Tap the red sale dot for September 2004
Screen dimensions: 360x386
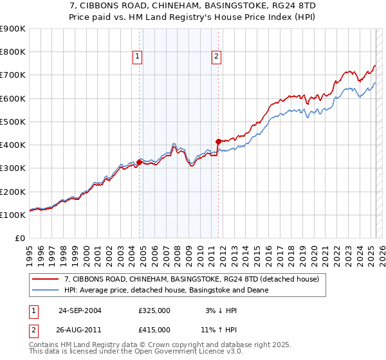(x=140, y=163)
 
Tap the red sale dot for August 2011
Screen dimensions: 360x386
(x=218, y=141)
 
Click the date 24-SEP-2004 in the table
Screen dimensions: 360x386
(x=79, y=310)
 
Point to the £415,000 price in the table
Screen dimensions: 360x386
(x=154, y=329)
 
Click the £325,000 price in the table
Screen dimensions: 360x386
(x=154, y=310)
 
